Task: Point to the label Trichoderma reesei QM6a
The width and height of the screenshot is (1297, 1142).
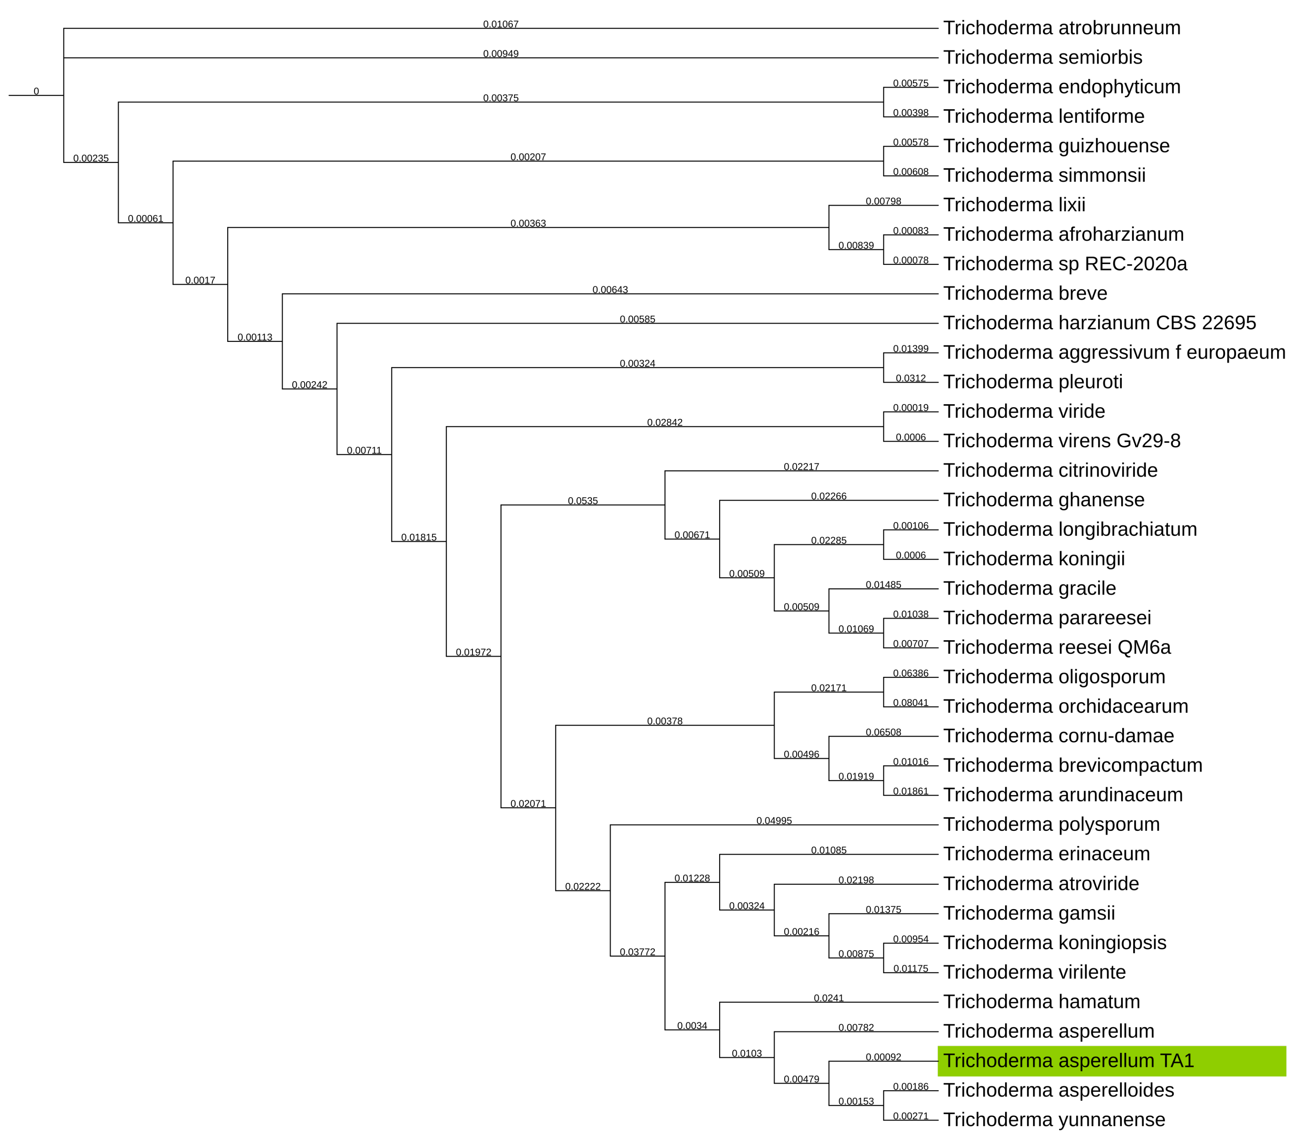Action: click(1057, 647)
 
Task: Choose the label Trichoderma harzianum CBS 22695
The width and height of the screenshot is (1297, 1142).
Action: click(1099, 323)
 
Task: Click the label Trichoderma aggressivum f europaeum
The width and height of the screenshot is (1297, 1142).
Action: click(1113, 353)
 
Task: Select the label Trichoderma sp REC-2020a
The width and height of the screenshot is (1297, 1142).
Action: click(1065, 264)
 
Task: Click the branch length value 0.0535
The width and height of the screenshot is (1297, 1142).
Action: click(583, 501)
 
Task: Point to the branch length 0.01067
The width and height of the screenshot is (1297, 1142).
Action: click(501, 24)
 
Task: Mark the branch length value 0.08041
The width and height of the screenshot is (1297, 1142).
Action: click(910, 703)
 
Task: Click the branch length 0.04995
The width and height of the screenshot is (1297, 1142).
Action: click(774, 821)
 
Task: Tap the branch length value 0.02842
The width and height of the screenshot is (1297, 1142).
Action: click(664, 422)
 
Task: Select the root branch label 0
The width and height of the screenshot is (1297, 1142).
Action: click(36, 91)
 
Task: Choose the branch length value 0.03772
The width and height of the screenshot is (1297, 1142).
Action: click(637, 952)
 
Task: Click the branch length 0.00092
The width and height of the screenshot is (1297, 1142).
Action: click(883, 1057)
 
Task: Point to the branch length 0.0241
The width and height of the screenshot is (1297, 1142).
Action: click(829, 998)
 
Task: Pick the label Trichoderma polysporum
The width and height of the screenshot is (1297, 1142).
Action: click(1051, 824)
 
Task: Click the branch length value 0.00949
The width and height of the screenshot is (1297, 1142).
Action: click(501, 54)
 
